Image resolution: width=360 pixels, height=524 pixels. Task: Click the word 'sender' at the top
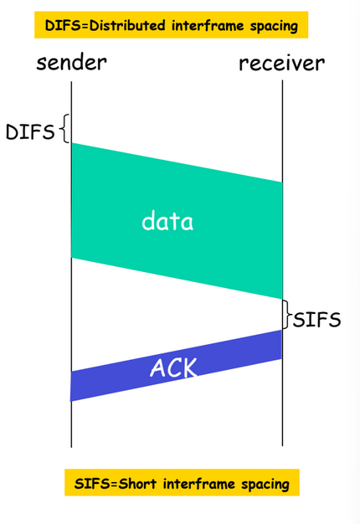[x=71, y=63]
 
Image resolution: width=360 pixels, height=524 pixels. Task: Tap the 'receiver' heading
[x=282, y=63]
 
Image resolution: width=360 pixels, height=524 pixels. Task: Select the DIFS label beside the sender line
[x=30, y=131]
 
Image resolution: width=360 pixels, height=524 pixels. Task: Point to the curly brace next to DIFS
[x=65, y=129]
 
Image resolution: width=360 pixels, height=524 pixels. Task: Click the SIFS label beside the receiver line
[x=316, y=320]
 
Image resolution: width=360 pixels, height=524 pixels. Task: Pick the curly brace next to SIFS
[x=287, y=314]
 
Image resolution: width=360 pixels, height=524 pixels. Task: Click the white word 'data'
[x=167, y=220]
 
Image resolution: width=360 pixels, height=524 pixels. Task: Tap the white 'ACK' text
[x=174, y=367]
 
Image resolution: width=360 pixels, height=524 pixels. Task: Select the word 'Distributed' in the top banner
[x=127, y=25]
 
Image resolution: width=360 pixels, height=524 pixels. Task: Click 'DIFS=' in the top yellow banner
[x=67, y=25]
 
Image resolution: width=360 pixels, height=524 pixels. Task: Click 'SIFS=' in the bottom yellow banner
[x=96, y=484]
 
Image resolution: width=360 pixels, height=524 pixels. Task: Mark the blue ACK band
[x=176, y=366]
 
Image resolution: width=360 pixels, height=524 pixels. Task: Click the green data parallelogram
[x=177, y=221]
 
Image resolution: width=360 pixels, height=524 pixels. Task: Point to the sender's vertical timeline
[x=71, y=264]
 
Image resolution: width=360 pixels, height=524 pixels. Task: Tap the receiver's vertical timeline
[x=282, y=263]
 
